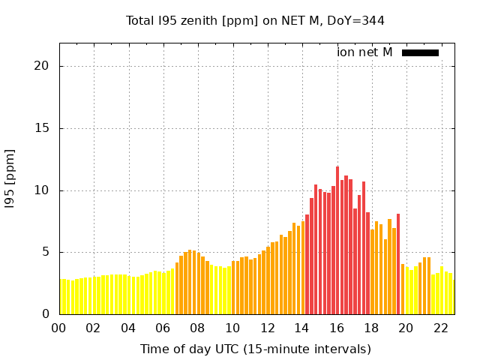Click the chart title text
(x=255, y=21)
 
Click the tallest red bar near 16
(x=337, y=240)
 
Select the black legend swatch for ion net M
(x=420, y=52)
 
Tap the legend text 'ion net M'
(x=364, y=52)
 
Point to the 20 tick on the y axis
(x=42, y=66)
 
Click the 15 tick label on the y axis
(x=42, y=128)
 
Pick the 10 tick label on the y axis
(x=42, y=190)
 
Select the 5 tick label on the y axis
(x=45, y=252)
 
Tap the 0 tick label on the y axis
(x=45, y=314)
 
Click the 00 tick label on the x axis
(x=58, y=328)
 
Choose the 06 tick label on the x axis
(x=163, y=328)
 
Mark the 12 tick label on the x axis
(x=267, y=328)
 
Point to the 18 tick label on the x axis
(x=371, y=328)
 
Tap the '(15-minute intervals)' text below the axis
(x=315, y=349)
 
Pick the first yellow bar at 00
(x=61, y=297)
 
